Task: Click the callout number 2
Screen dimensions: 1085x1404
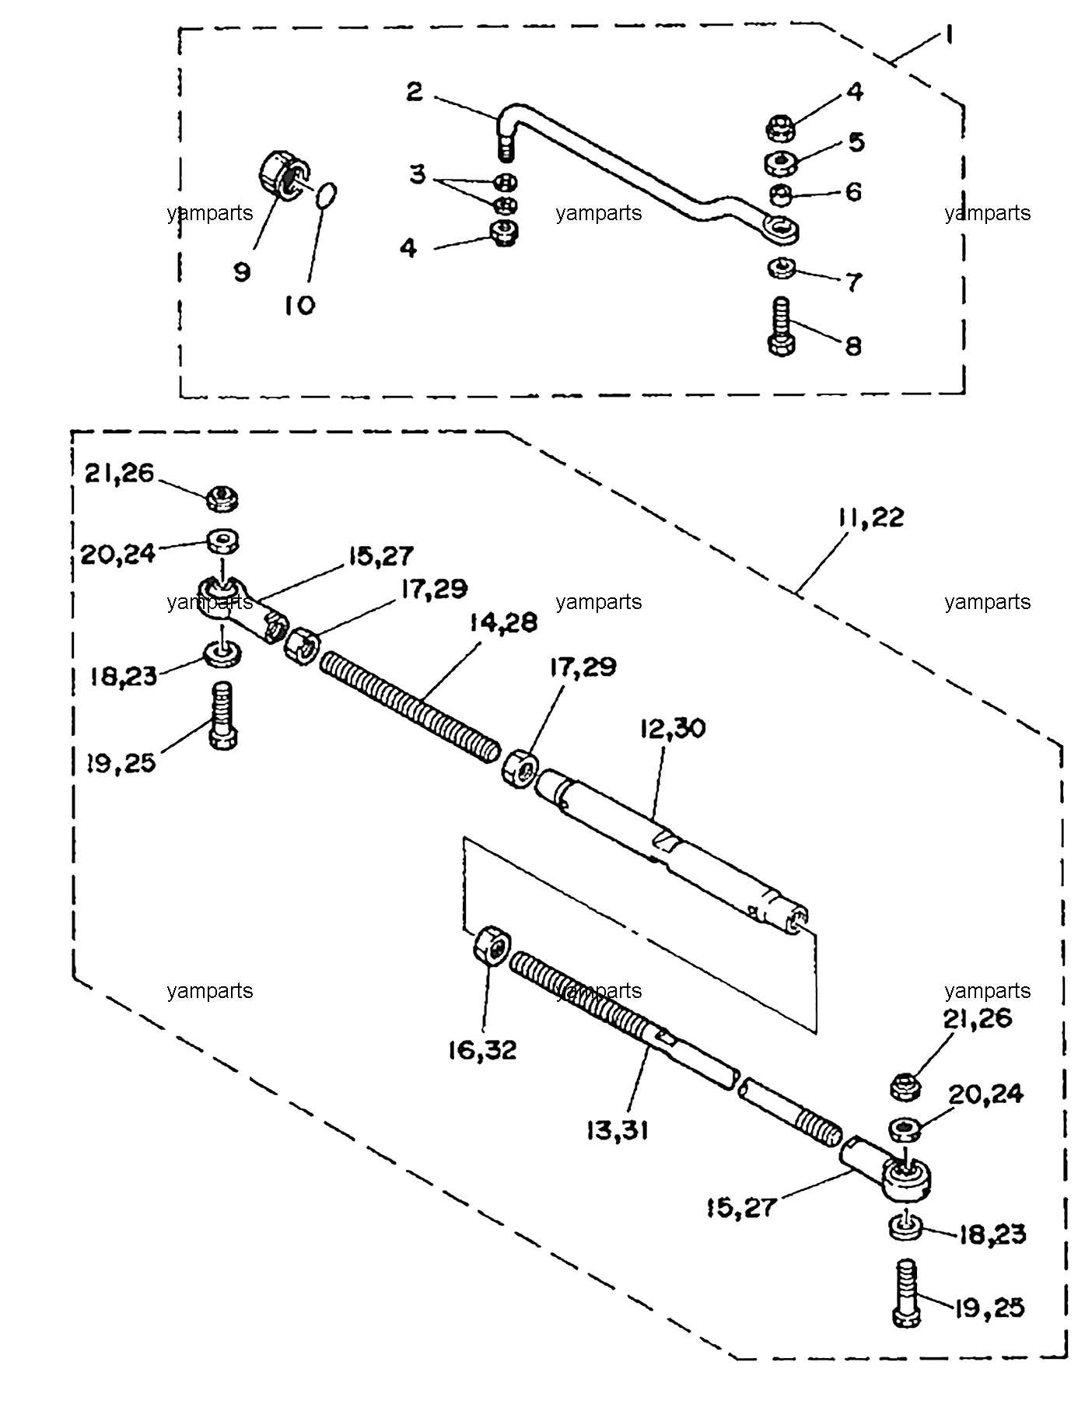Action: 415,92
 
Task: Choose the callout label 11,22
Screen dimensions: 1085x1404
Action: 871,517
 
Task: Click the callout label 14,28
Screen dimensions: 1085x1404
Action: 503,623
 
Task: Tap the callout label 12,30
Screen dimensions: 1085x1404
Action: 673,729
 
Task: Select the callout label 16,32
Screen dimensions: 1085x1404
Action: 482,1050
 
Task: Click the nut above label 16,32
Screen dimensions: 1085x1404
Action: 491,945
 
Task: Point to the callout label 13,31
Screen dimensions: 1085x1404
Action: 617,1129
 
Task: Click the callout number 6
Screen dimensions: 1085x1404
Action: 853,192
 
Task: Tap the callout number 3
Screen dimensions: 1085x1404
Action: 418,174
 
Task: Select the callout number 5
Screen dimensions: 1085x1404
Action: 856,142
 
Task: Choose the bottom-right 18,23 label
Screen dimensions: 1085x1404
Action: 992,1234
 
